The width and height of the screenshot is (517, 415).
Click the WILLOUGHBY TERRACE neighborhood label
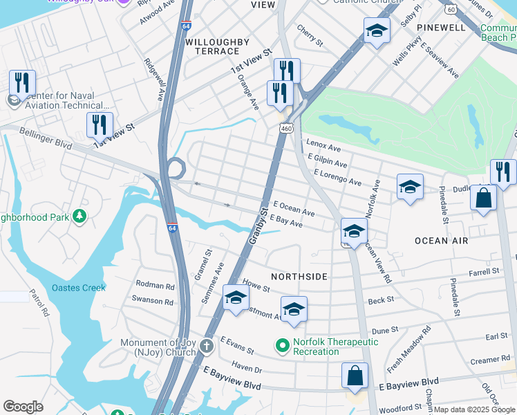217,47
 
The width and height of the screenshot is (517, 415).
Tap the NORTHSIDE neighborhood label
299,276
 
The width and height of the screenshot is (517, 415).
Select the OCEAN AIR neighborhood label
441,241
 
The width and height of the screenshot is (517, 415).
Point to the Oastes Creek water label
79,288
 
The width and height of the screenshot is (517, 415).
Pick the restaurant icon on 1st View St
100,124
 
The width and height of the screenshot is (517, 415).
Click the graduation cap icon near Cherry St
377,30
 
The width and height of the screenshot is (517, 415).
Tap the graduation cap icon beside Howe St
236,298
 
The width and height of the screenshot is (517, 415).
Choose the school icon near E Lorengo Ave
410,187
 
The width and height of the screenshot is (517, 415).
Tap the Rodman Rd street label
155,285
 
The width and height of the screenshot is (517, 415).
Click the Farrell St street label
484,273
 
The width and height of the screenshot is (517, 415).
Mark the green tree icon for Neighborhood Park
79,217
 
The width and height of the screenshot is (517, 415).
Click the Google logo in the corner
23,407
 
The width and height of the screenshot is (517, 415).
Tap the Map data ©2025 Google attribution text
473,409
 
